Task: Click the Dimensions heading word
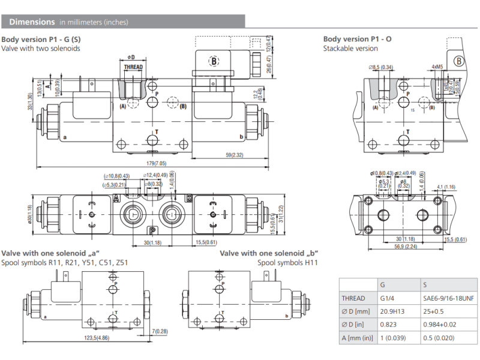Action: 32,22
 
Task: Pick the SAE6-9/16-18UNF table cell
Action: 448,298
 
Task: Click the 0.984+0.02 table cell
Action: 441,326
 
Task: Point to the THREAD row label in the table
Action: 353,298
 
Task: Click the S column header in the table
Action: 425,284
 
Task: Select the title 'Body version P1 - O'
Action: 358,39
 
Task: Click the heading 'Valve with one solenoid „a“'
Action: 50,253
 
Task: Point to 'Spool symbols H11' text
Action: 287,263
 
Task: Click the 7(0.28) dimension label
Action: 161,331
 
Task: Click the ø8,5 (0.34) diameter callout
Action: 382,67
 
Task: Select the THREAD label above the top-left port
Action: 133,67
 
